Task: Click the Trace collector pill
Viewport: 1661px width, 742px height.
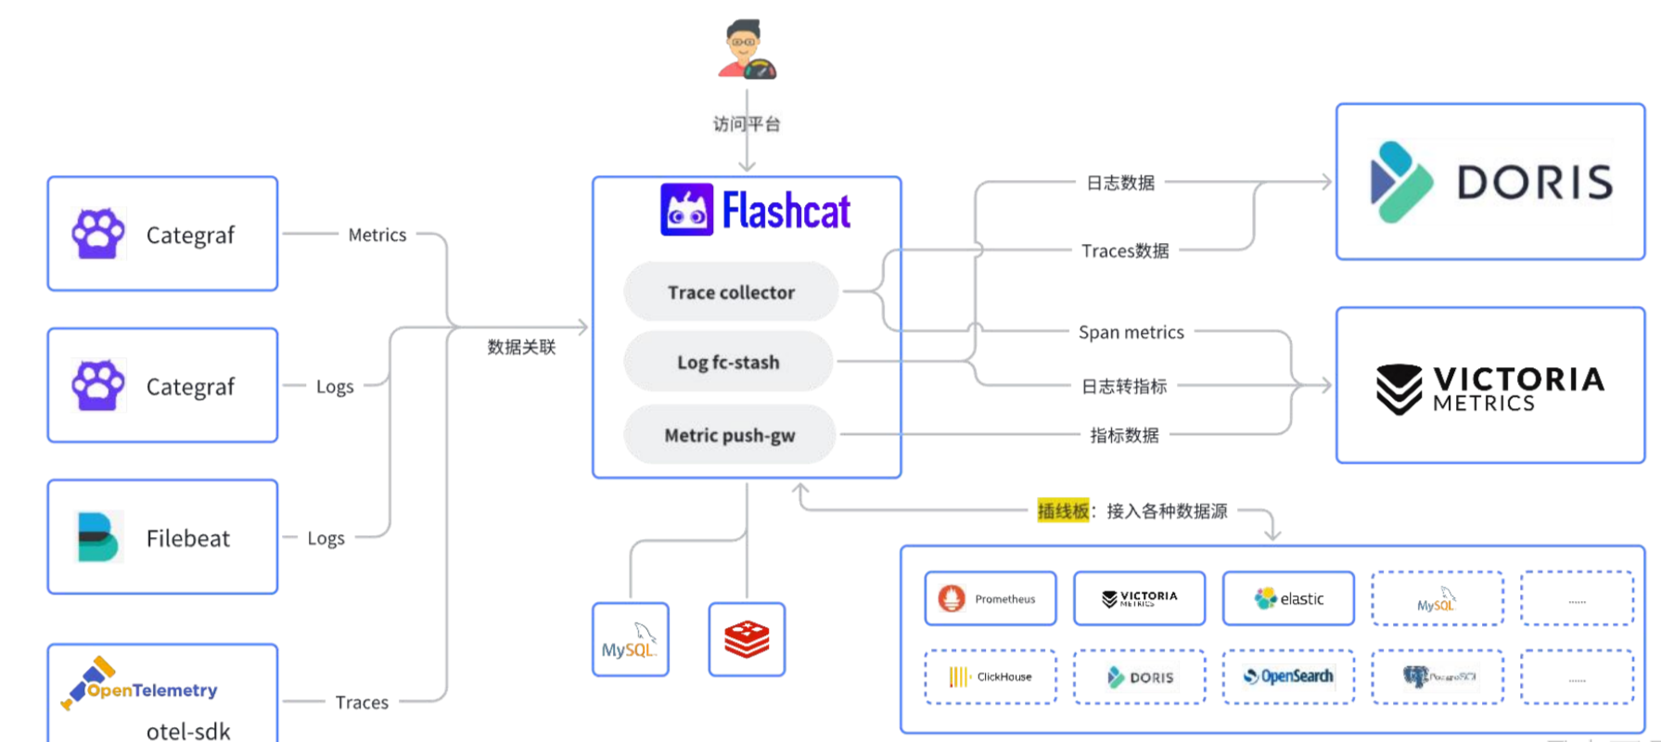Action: pos(731,292)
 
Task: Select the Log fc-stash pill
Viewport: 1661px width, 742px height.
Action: pos(728,362)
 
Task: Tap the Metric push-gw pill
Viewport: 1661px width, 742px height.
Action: pos(729,435)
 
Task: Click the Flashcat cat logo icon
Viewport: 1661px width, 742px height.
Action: pos(686,210)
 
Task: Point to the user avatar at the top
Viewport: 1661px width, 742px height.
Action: pos(747,50)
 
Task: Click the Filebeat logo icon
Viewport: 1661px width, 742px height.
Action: pos(98,537)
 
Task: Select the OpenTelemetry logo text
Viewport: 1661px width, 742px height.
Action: pos(152,690)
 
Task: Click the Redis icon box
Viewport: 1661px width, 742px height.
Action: pos(747,639)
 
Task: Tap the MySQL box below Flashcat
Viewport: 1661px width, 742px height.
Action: pos(630,639)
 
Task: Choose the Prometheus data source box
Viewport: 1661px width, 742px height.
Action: pos(990,599)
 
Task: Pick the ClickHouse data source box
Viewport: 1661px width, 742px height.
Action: pos(990,677)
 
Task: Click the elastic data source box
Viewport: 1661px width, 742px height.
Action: pos(1288,599)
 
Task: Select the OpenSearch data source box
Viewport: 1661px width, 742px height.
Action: pos(1288,677)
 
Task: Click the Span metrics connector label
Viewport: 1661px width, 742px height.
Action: pos(1131,332)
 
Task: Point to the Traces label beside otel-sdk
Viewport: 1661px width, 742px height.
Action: pos(362,702)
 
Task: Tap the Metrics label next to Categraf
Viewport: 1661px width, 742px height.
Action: pos(377,235)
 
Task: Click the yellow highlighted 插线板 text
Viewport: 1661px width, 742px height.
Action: pos(1063,511)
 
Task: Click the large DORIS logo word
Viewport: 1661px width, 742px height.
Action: pos(1534,182)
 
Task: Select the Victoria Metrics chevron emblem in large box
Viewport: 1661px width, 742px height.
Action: pos(1399,388)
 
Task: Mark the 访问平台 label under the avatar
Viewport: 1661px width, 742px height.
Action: pos(747,124)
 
